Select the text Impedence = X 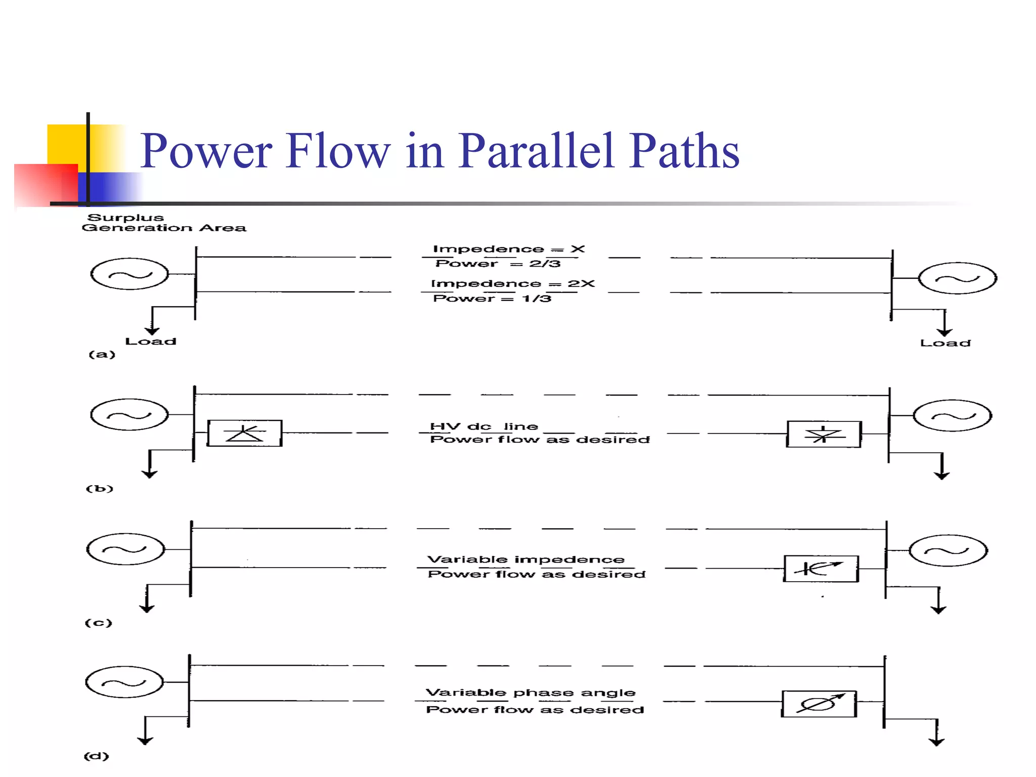508,249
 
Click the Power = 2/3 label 498,264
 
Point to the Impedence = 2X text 512,283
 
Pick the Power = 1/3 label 492,298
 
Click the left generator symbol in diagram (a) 129,274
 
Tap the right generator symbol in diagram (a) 957,278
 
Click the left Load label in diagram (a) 151,341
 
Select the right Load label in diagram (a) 945,343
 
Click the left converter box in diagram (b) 245,433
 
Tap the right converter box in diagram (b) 824,434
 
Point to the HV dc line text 484,426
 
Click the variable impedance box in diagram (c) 821,569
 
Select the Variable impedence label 526,559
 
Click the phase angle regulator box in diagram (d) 819,704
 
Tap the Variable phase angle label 530,693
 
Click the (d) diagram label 96,756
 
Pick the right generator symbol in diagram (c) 948,550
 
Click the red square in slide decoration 46,185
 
